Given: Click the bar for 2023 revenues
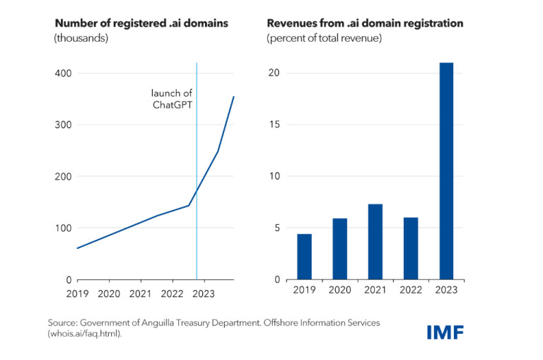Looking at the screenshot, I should [x=446, y=171].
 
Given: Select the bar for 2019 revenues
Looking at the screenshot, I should [x=304, y=257].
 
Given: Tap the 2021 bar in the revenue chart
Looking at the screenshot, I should [x=375, y=242].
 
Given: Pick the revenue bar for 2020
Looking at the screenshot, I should [x=340, y=249].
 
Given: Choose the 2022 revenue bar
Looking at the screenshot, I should [x=411, y=248].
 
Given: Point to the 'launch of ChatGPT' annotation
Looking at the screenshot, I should [x=172, y=100].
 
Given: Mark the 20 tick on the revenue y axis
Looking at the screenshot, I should [x=275, y=73].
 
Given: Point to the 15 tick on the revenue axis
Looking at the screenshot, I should [x=275, y=124].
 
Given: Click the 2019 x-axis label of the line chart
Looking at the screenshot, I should [x=77, y=293].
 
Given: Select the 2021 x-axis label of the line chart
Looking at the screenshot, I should [x=140, y=293].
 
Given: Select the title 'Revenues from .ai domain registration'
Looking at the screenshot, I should [x=365, y=23].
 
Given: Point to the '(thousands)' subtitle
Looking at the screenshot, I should [x=81, y=38].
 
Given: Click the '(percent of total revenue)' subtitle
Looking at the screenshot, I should [x=324, y=38].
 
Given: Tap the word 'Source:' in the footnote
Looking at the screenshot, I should [x=63, y=323].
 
